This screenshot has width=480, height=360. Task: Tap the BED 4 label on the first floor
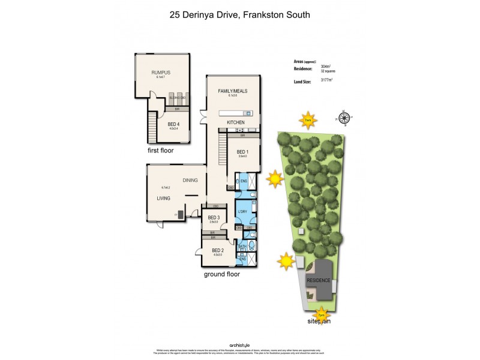(174, 124)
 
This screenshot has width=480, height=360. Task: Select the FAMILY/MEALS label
(232, 91)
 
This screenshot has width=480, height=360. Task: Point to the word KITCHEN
(235, 122)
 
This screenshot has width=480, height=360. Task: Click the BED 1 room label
(242, 152)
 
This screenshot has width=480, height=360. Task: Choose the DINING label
(190, 180)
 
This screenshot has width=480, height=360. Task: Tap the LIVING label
(163, 198)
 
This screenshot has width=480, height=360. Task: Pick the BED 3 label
(213, 218)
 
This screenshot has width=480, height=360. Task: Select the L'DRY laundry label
(243, 212)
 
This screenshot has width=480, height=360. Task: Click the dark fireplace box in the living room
(179, 214)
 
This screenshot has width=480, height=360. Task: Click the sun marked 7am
(308, 120)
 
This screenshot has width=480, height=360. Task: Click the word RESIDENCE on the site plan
(319, 280)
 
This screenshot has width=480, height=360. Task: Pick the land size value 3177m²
(327, 80)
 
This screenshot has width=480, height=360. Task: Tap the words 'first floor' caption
(161, 151)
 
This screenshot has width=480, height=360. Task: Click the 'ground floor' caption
(221, 274)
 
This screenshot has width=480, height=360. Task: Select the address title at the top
(239, 14)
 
